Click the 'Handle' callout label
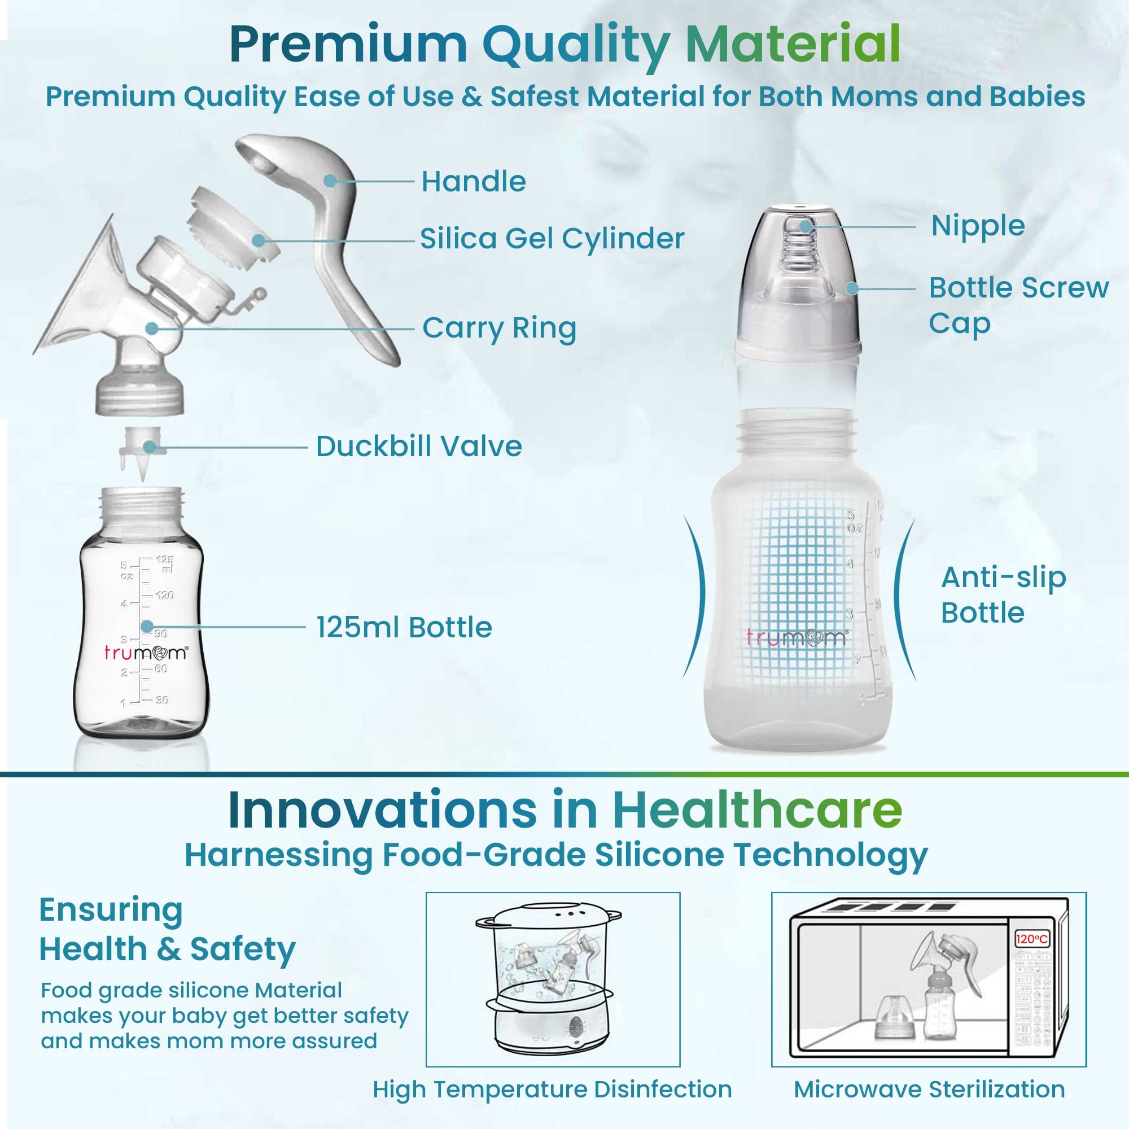pyautogui.click(x=474, y=182)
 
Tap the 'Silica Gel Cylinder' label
pyautogui.click(x=552, y=238)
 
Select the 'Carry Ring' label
pyautogui.click(x=499, y=329)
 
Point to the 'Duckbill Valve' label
pyautogui.click(x=418, y=447)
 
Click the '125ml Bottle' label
pyautogui.click(x=404, y=628)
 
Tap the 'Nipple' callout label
pyautogui.click(x=978, y=226)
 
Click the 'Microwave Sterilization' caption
pyautogui.click(x=929, y=1089)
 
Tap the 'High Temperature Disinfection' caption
pyautogui.click(x=552, y=1089)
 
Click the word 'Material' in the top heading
pyautogui.click(x=793, y=44)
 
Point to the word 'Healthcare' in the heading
pyautogui.click(x=757, y=811)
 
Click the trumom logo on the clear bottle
pyautogui.click(x=146, y=652)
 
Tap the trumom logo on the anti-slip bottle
pyautogui.click(x=796, y=637)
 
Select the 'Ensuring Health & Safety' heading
pyautogui.click(x=167, y=929)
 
